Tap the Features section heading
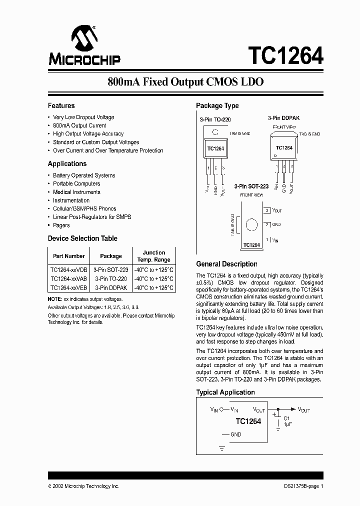(x=61, y=105)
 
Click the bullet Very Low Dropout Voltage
(x=83, y=117)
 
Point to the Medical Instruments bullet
(x=76, y=192)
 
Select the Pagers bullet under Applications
(x=61, y=225)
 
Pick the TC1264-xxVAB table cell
(x=68, y=278)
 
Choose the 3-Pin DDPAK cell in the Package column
(x=110, y=288)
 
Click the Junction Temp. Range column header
(x=154, y=256)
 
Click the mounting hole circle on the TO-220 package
(x=215, y=133)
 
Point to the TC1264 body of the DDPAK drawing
(x=284, y=148)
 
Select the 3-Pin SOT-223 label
(x=251, y=186)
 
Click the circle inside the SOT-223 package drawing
(x=252, y=224)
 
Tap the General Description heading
(x=226, y=264)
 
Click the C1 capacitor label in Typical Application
(x=286, y=418)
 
